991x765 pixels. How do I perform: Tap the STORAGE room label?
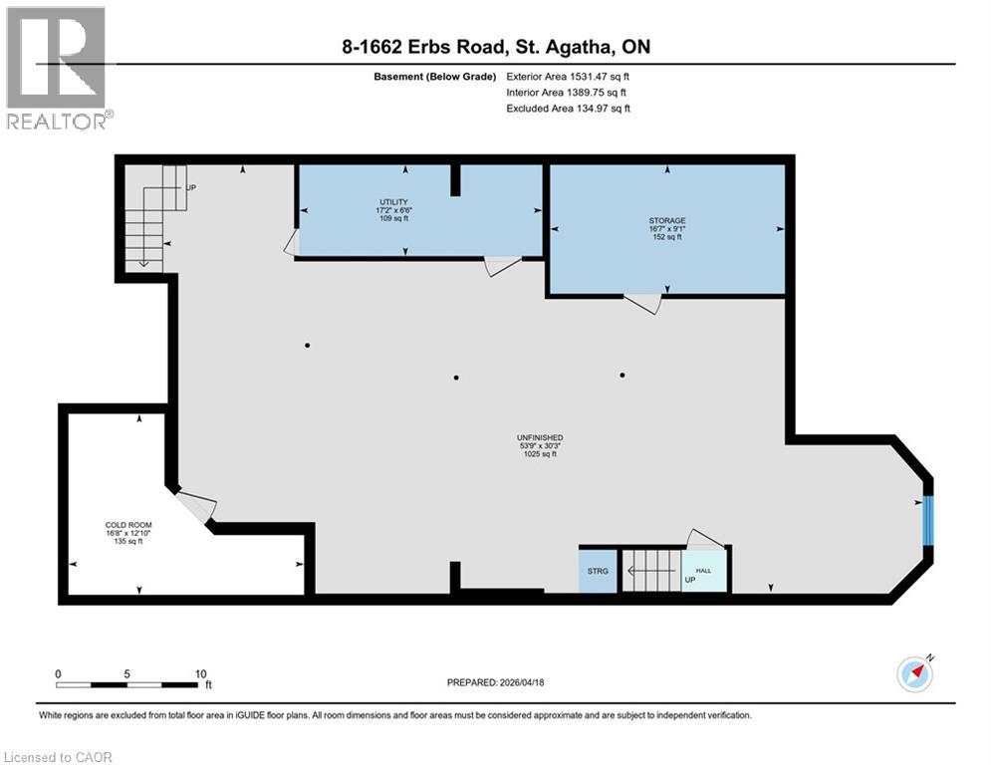[666, 220]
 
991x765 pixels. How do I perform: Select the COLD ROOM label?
[127, 525]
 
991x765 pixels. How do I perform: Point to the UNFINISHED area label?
[540, 437]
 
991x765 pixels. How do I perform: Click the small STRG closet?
[598, 572]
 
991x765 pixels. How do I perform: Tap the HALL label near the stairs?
[703, 570]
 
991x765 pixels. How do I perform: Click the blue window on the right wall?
[928, 520]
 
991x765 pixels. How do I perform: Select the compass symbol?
[913, 673]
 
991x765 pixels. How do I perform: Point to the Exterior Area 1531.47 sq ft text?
[568, 76]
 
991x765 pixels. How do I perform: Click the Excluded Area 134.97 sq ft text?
[568, 109]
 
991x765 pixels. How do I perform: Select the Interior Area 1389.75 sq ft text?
[568, 93]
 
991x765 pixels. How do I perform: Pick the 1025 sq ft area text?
[540, 454]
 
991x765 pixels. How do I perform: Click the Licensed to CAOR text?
[58, 757]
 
